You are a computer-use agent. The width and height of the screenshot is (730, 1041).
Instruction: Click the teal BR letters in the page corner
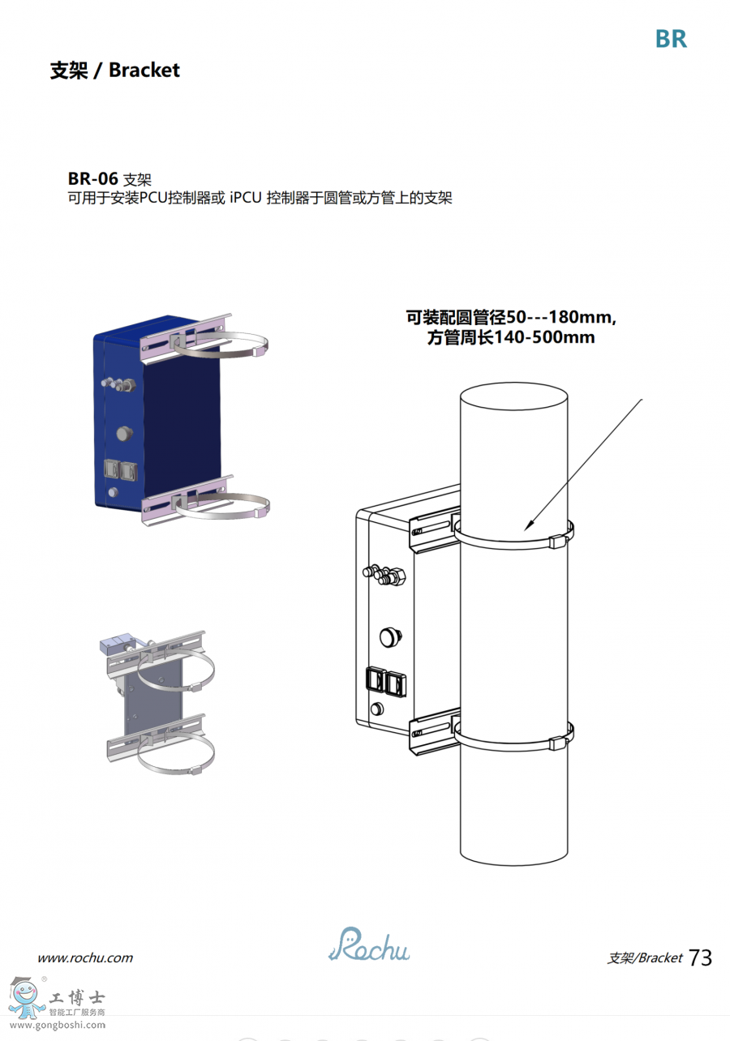671,39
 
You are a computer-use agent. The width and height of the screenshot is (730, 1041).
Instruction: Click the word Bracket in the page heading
144,71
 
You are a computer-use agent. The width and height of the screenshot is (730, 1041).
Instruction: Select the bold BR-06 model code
93,178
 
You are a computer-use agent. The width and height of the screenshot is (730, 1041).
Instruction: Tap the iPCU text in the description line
246,198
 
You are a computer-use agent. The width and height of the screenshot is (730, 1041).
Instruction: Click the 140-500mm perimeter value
543,337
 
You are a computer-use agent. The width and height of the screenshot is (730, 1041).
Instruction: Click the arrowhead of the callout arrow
529,525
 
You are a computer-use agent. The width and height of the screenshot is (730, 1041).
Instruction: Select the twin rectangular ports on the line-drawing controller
386,683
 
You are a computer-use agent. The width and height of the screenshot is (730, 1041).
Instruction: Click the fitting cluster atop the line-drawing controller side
384,575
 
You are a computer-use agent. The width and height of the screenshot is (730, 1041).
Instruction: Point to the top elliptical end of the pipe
513,396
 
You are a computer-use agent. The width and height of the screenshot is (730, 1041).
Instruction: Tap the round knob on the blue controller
124,434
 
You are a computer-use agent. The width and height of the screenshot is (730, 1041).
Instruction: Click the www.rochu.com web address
85,957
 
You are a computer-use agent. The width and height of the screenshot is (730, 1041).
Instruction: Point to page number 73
700,957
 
